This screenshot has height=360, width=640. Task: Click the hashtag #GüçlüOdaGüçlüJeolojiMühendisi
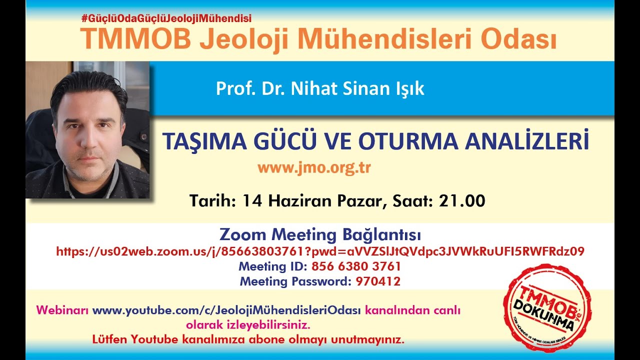click(166, 18)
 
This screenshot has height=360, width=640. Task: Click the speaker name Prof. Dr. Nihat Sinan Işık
click(320, 89)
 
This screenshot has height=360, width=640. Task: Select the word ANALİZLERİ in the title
click(527, 142)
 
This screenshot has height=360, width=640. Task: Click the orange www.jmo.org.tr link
click(314, 167)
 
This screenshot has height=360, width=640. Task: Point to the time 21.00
click(462, 201)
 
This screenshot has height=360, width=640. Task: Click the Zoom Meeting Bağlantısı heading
click(320, 234)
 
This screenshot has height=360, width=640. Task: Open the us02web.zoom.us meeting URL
click(320, 251)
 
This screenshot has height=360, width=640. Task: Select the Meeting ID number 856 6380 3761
click(355, 266)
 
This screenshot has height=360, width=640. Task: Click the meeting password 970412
click(378, 281)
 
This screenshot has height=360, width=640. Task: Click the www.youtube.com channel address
click(226, 310)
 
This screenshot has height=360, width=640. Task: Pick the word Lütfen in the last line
click(109, 339)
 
